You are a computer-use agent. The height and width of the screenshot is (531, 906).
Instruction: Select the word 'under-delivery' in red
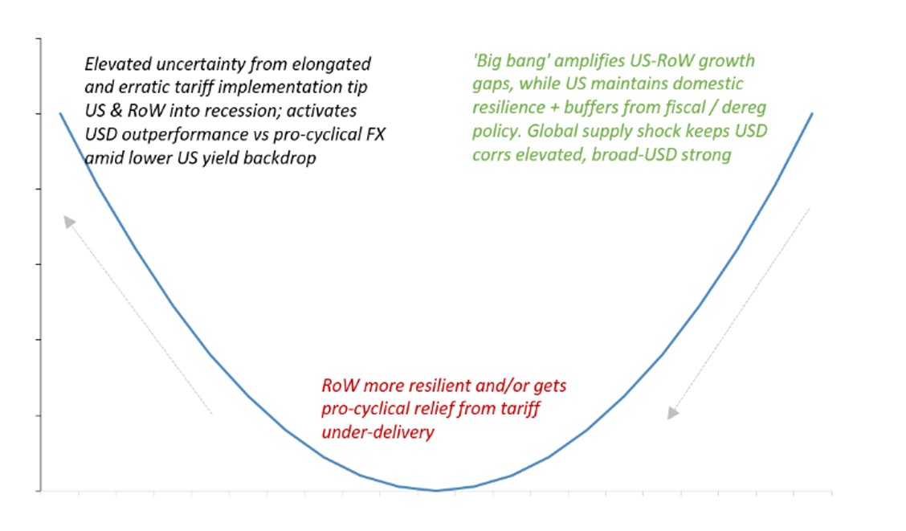tap(377, 432)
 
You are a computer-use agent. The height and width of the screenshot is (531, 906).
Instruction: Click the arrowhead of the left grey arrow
tap(69, 221)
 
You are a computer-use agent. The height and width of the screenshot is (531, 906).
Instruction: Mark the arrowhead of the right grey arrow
tap(673, 413)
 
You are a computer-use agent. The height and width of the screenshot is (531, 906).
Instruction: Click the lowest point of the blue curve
tap(435, 491)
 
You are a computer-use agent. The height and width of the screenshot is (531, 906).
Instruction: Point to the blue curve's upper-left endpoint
tap(60, 113)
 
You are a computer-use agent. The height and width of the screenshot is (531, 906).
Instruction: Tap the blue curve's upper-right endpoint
tap(812, 114)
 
